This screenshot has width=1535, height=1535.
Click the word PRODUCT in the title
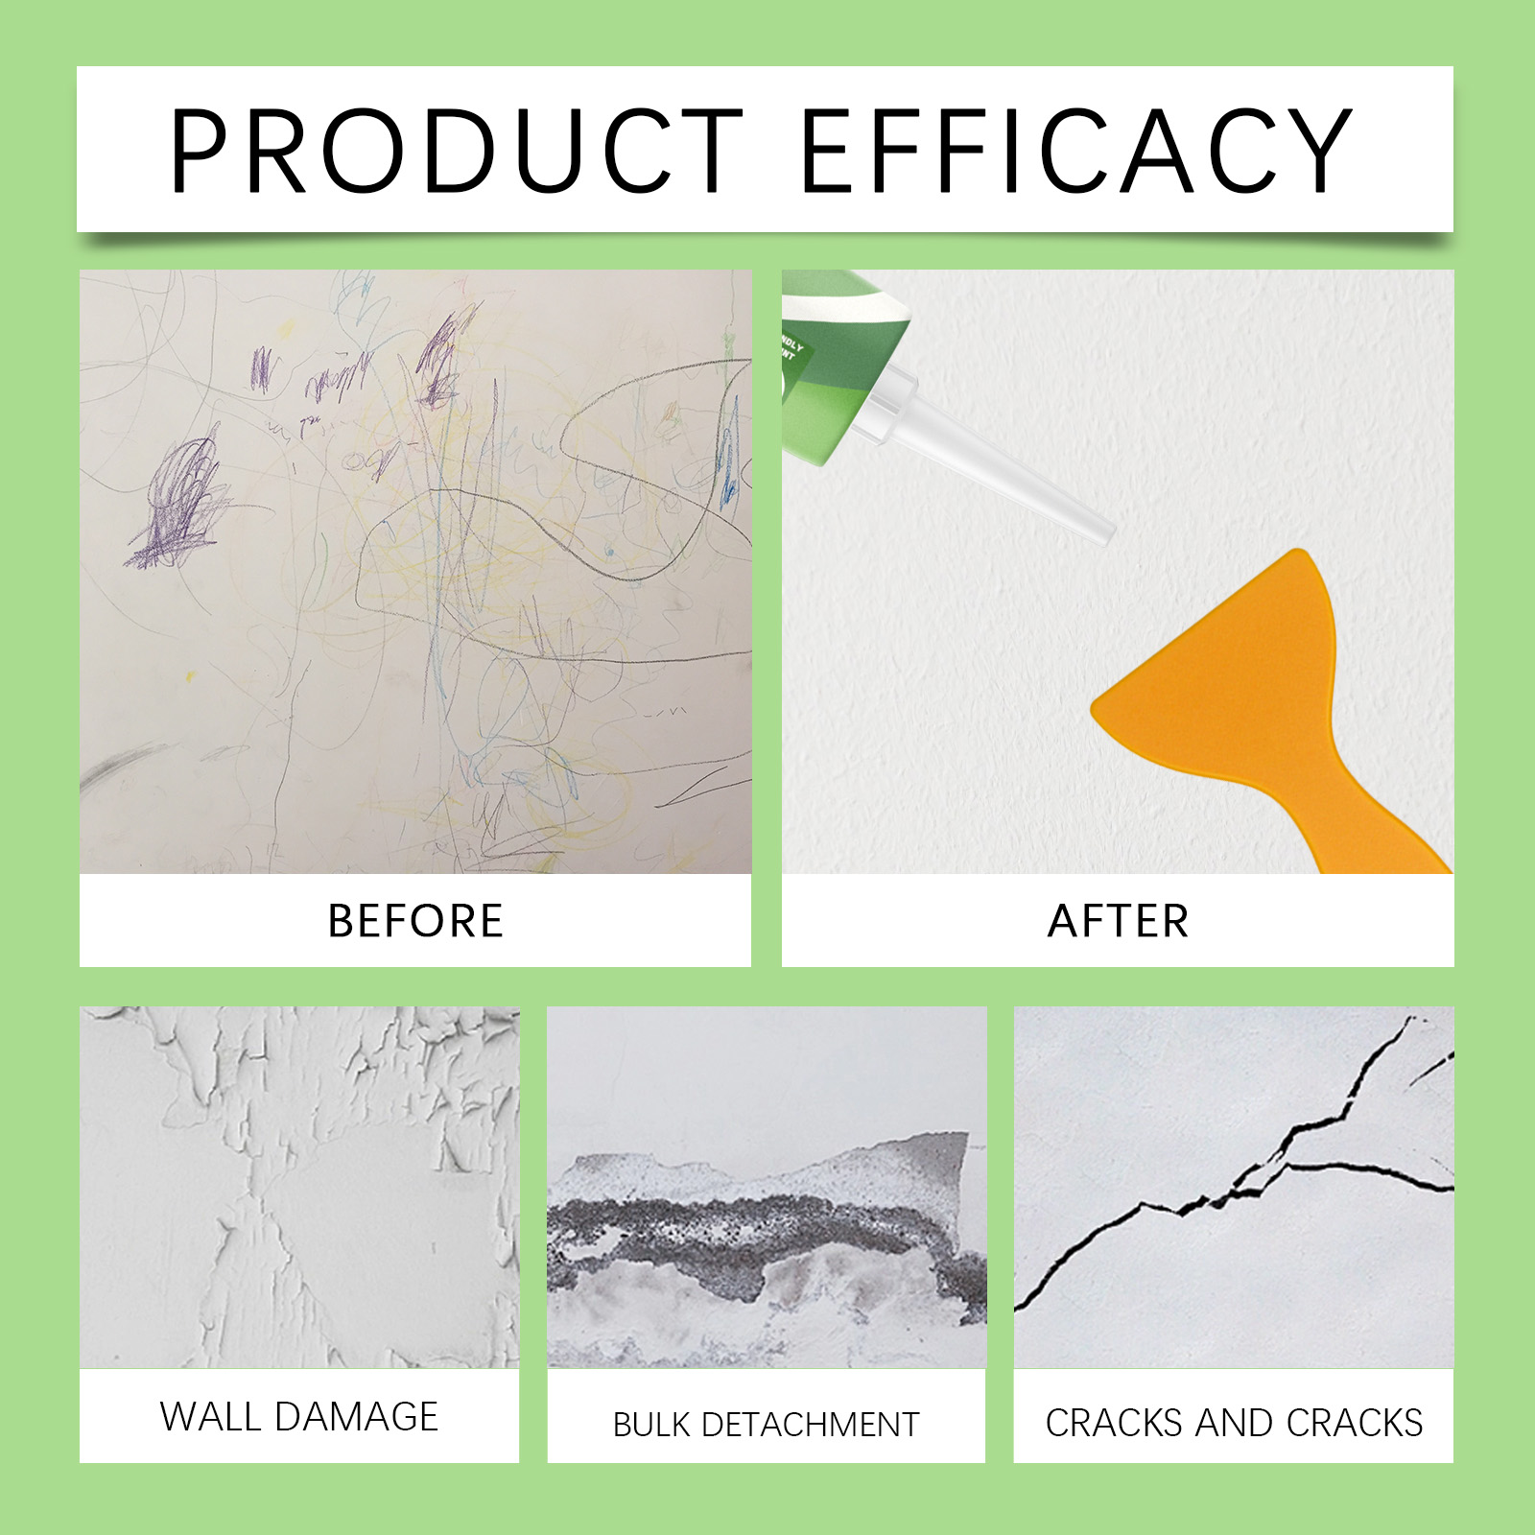[457, 151]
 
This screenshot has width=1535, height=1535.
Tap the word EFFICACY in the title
[1075, 151]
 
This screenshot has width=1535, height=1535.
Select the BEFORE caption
[415, 921]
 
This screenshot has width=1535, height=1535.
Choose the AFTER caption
[1118, 921]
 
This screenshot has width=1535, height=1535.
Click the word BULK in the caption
[651, 1425]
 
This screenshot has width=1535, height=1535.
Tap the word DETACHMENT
[811, 1425]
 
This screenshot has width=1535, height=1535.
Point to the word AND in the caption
[1234, 1423]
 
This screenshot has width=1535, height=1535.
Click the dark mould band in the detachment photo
[748, 1233]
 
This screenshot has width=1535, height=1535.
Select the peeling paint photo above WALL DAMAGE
[299, 1188]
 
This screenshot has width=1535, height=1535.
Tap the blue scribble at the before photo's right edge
[730, 460]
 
